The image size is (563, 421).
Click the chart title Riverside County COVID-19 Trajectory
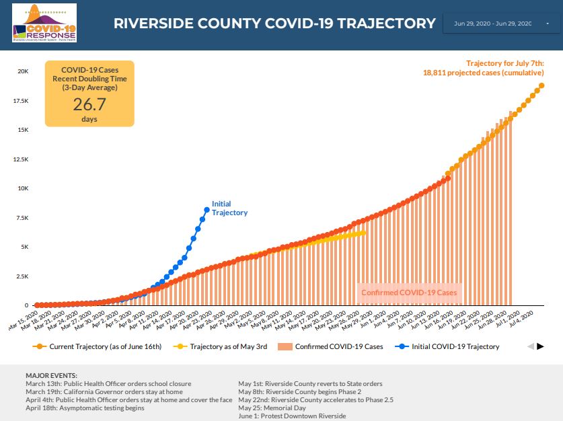click(x=274, y=24)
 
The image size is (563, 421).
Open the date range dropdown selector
click(x=501, y=24)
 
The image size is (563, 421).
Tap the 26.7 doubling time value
click(x=89, y=104)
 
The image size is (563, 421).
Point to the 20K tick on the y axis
click(x=22, y=71)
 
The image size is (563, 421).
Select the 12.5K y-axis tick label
click(x=21, y=159)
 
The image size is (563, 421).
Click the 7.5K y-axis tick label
click(x=22, y=218)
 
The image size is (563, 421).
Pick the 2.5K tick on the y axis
click(x=22, y=276)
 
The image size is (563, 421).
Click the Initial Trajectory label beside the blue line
click(x=229, y=208)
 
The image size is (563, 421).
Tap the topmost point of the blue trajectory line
click(x=207, y=210)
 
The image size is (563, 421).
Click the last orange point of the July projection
click(x=541, y=85)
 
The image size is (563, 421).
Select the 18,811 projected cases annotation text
click(x=483, y=73)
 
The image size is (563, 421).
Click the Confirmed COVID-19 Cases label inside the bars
click(x=409, y=293)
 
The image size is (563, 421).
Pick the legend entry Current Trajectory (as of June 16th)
click(x=101, y=347)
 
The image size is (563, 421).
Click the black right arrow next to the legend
click(x=540, y=346)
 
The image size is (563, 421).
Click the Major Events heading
click(x=51, y=375)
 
